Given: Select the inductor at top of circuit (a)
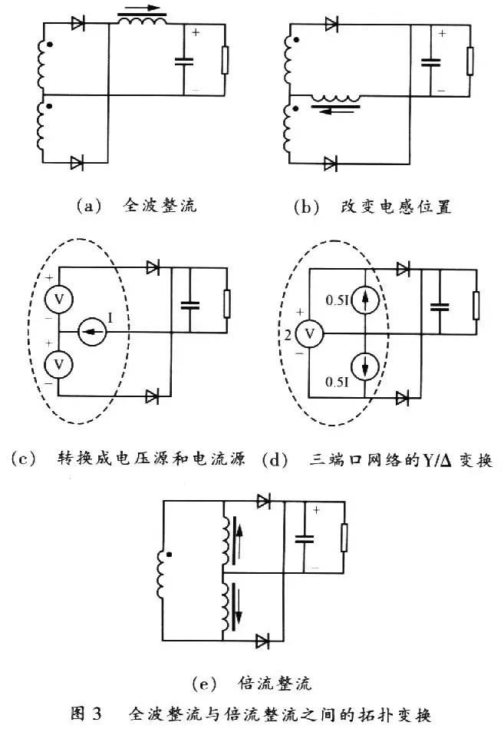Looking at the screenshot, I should [142, 22].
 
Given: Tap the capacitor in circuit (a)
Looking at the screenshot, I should [184, 61].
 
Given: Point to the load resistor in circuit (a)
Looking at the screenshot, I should [224, 60].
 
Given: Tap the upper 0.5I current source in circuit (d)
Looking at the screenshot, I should [365, 300].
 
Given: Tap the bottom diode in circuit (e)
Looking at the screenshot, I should [265, 639].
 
